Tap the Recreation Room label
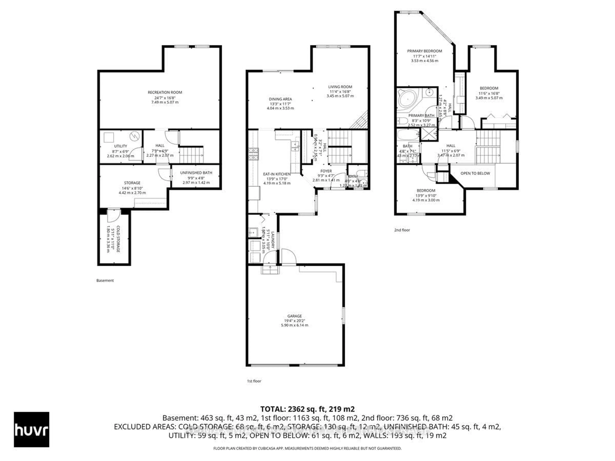click(x=165, y=92)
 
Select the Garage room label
click(x=294, y=316)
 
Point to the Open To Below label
click(x=475, y=173)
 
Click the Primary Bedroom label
click(x=425, y=51)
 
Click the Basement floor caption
click(x=105, y=281)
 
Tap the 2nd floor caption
click(x=402, y=230)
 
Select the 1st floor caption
click(x=254, y=381)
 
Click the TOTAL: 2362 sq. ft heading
click(x=307, y=409)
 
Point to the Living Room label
click(x=340, y=87)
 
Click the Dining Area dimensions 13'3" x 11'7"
click(x=280, y=104)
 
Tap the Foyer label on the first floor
click(x=326, y=171)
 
